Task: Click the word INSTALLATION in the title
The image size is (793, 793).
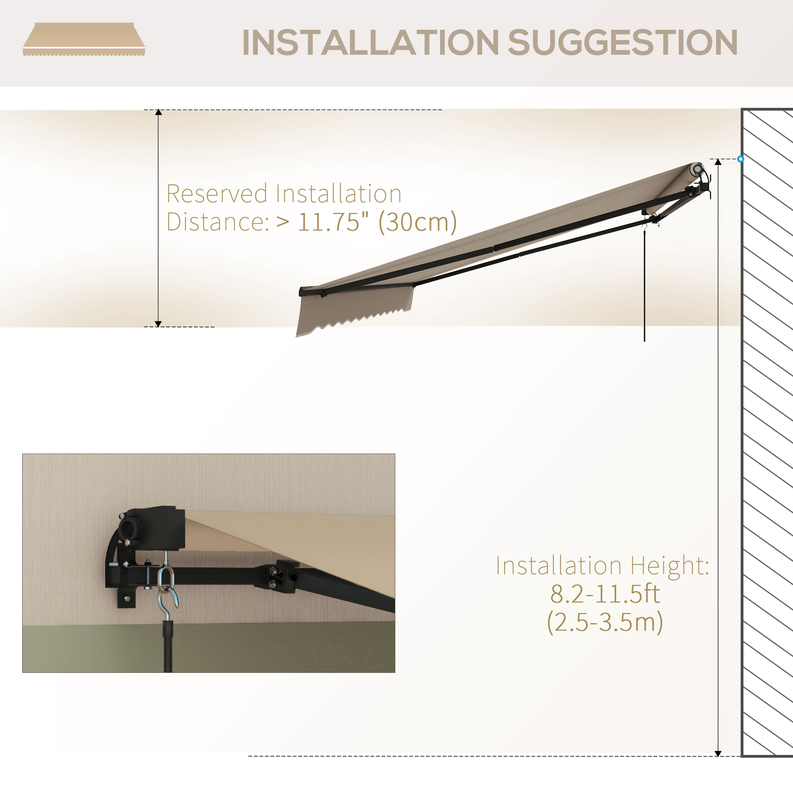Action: point(370,42)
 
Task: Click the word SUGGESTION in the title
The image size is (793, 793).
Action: point(623,42)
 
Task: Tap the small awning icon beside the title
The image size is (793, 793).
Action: point(84,40)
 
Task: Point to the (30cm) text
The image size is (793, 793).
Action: point(418,222)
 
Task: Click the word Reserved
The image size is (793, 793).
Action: point(217,194)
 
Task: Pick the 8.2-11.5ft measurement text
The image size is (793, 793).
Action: point(605,594)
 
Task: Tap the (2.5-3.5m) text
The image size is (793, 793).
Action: point(605,622)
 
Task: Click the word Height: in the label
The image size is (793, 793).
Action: point(670,566)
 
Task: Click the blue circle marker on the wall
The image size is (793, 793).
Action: point(740,159)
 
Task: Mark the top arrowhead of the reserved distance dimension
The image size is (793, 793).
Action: point(159,113)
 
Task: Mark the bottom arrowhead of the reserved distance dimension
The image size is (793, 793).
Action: point(159,324)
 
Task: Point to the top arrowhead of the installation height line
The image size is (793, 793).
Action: point(718,163)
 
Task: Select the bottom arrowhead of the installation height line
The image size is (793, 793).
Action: point(718,753)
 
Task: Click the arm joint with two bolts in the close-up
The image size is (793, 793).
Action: point(274,577)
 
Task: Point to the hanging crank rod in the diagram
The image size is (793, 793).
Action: point(644,287)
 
